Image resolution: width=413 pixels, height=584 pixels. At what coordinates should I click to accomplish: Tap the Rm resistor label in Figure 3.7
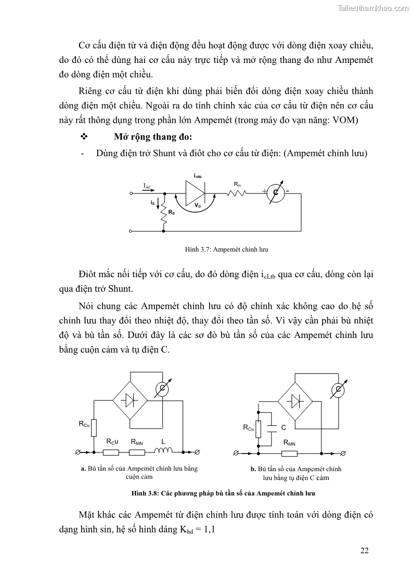[237, 184]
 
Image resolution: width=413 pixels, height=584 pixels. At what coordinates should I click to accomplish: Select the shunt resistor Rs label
[171, 213]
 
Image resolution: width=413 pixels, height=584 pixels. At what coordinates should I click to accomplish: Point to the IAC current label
[147, 186]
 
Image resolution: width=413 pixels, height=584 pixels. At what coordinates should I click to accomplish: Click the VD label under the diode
[197, 206]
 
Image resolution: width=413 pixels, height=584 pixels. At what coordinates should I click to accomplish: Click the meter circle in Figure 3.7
[276, 193]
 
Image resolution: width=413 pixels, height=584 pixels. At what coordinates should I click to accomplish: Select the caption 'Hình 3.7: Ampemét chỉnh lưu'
[226, 250]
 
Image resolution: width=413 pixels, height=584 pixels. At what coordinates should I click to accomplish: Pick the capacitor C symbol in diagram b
[271, 427]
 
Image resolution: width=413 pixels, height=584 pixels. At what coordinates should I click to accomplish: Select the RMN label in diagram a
[137, 442]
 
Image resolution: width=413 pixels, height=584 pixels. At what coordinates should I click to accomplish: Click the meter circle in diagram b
[338, 390]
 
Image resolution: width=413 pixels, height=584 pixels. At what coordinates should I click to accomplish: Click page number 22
[364, 551]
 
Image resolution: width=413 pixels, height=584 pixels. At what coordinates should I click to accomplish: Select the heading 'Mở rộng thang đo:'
[153, 137]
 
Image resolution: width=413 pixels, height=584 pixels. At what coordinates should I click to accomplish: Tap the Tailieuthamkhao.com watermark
[372, 7]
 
